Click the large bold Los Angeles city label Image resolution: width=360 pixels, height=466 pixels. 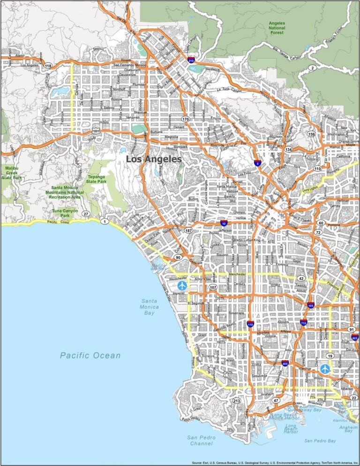(153, 159)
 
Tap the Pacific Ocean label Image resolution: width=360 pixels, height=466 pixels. (90, 355)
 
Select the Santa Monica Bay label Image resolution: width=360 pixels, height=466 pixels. (150, 307)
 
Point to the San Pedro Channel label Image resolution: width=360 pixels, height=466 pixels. (200, 440)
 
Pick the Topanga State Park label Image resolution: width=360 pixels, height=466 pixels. (97, 179)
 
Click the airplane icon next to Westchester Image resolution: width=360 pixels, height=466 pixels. (182, 285)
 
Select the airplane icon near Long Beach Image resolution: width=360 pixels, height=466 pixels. (325, 369)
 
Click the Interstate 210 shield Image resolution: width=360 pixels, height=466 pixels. (191, 60)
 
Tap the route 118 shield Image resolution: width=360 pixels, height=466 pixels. (48, 66)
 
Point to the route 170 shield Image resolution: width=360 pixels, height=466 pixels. (186, 120)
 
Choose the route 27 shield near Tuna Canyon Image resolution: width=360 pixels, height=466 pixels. (85, 214)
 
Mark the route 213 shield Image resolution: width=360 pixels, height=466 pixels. (237, 401)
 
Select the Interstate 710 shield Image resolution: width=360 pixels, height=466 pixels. (304, 323)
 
